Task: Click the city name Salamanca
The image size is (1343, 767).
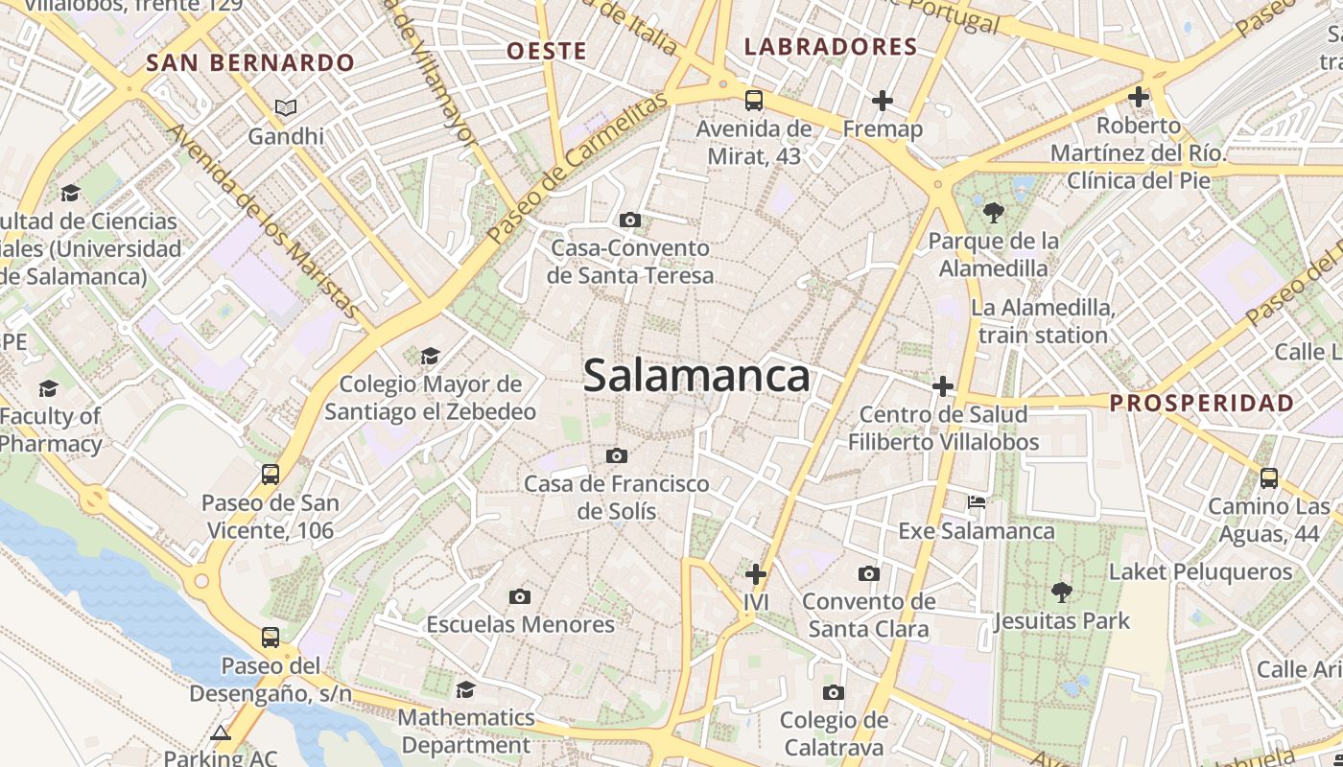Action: click(x=696, y=375)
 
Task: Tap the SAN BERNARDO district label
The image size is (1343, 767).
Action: click(x=250, y=63)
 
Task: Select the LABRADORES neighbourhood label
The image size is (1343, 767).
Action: click(x=831, y=46)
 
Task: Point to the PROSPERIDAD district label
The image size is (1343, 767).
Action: click(x=1202, y=403)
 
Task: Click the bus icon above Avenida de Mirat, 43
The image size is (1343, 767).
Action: click(x=754, y=100)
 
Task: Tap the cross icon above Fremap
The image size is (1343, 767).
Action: click(x=883, y=100)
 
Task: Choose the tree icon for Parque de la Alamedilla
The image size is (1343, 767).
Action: click(x=993, y=212)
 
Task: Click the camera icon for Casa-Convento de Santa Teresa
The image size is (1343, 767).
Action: click(x=630, y=220)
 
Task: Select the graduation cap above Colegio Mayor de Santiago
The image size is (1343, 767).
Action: click(x=430, y=356)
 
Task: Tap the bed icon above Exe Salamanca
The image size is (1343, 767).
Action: click(x=977, y=501)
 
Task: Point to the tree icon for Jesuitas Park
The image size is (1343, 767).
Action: click(x=1061, y=592)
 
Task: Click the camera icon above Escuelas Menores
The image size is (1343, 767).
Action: click(x=520, y=596)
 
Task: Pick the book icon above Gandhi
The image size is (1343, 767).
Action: click(x=286, y=107)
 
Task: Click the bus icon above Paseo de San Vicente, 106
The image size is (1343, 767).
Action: click(x=271, y=474)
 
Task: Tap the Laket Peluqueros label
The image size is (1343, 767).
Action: click(x=1200, y=572)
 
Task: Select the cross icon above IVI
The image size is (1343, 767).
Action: click(x=756, y=574)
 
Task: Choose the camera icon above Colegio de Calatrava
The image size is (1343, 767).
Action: click(x=834, y=692)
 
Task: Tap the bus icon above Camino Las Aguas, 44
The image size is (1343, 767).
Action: click(x=1269, y=477)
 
